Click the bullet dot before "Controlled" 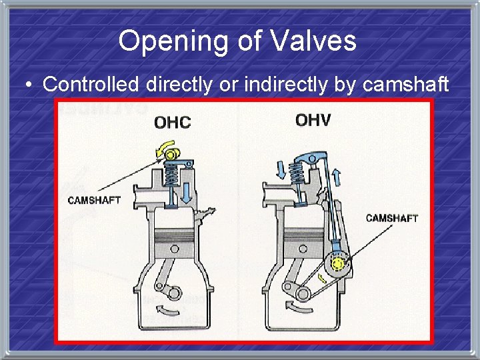[x=28, y=85]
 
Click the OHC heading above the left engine [x=172, y=123]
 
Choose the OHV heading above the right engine [x=313, y=121]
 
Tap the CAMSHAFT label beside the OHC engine [x=95, y=200]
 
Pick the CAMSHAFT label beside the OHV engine [x=392, y=217]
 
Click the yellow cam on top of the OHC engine [x=172, y=156]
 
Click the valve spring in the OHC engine [x=171, y=176]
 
